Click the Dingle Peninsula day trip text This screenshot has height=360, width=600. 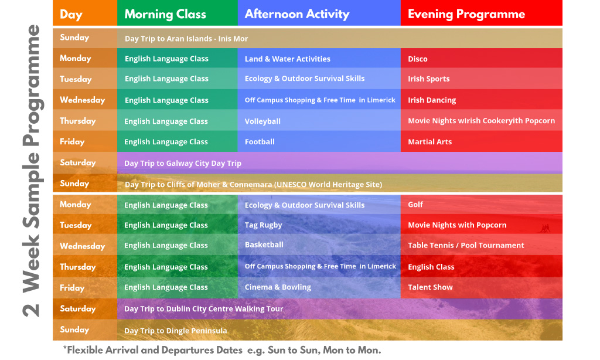click(175, 331)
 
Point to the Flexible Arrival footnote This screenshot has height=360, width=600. click(222, 350)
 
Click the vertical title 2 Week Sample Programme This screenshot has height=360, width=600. click(32, 171)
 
